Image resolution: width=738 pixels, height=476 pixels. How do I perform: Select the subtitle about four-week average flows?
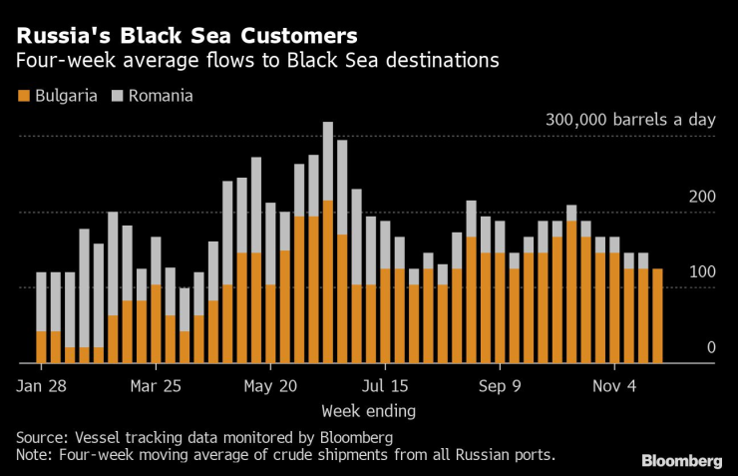coord(257,61)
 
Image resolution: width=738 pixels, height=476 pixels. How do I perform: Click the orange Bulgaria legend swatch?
coord(23,97)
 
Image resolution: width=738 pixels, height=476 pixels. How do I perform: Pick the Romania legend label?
coord(160,97)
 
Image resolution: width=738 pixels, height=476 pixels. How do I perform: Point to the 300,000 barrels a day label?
coord(630,120)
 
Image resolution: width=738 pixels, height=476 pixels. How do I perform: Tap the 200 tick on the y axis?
coord(703,196)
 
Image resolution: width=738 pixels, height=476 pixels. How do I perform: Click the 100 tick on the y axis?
coord(703,271)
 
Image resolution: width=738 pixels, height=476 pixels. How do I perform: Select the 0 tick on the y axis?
coord(711,347)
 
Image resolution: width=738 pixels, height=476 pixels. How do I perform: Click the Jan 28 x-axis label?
coord(42,386)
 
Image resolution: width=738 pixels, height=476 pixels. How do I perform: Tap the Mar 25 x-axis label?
coord(156,386)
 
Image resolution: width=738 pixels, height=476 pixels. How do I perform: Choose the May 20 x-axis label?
coord(270,386)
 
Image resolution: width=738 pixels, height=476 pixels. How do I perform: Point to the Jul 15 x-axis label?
coord(385,386)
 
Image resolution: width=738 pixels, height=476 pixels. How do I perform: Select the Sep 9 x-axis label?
coord(501,386)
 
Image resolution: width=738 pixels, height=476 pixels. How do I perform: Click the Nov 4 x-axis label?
coord(615,386)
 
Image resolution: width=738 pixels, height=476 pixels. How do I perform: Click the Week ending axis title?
coord(368,410)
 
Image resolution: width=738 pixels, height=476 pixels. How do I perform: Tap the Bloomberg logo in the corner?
coord(681,460)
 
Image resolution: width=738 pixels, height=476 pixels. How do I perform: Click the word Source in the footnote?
coord(40,438)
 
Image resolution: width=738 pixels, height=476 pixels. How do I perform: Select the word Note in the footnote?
coord(34,455)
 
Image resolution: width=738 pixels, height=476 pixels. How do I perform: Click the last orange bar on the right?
coord(657,316)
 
